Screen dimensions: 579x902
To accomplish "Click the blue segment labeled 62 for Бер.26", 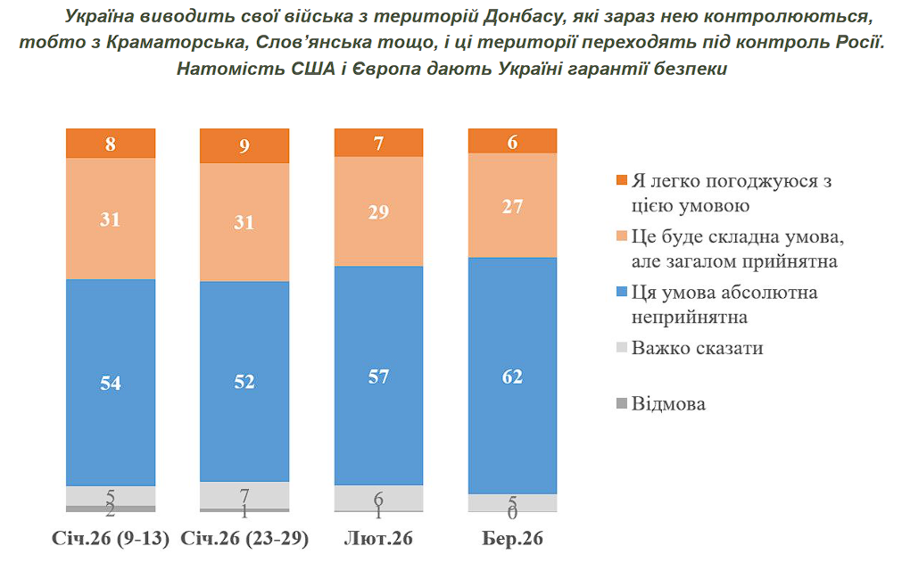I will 512,375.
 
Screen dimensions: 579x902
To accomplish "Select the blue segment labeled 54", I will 111,382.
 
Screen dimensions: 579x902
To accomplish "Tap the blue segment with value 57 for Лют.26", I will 378,376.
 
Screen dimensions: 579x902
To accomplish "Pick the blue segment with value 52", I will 244,381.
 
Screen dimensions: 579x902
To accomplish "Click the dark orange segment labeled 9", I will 244,146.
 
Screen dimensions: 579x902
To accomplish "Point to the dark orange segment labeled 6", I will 512,141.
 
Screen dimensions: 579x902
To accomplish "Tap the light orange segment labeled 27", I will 512,205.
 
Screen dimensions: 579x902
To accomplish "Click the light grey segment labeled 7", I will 244,494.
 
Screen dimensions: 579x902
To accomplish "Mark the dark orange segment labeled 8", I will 111,144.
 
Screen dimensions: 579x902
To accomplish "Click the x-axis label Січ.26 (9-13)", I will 111,540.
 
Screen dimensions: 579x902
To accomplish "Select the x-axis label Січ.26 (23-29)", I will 244,540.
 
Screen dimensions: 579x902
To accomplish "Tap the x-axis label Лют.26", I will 378,540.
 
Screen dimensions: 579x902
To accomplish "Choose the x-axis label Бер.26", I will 512,540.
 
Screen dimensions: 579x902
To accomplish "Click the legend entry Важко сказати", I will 697,348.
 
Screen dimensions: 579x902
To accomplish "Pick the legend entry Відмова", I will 668,404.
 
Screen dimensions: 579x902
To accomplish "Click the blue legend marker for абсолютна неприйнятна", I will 621,293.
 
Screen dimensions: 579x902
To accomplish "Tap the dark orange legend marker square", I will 621,181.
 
